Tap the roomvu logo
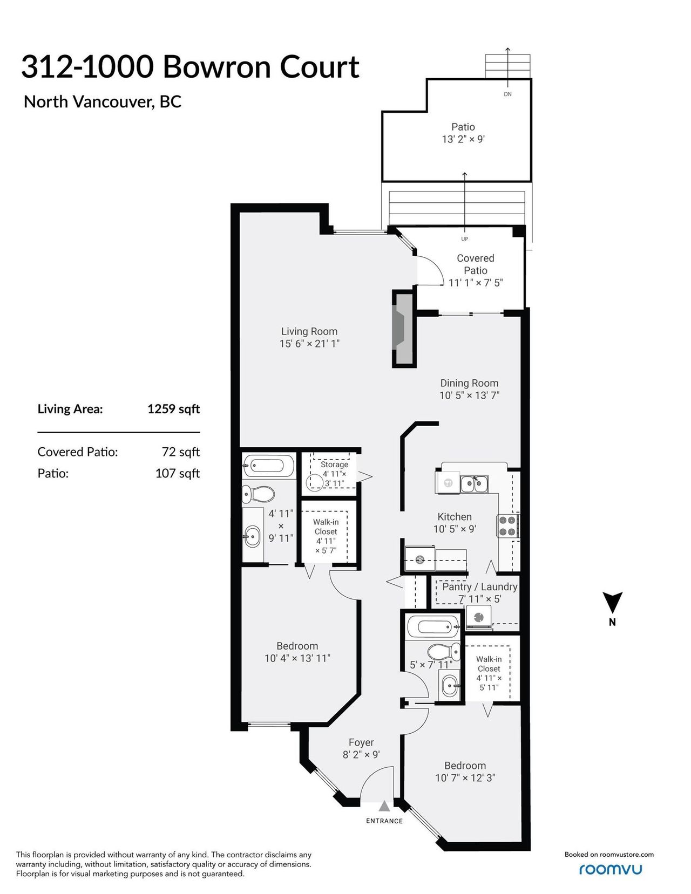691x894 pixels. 611,869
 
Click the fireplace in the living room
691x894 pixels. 403,329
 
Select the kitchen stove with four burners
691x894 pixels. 508,526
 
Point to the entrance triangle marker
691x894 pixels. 384,806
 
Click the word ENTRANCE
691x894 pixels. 384,821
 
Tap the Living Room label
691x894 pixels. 309,331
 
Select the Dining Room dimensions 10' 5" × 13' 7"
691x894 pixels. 469,395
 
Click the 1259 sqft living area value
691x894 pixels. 174,409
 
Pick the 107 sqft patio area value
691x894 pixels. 178,473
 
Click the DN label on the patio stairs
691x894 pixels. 507,94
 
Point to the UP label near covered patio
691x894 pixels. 465,239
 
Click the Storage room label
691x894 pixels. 334,464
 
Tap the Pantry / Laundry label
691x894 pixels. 480,586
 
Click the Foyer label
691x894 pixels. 361,742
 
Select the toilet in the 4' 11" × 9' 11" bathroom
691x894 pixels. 258,493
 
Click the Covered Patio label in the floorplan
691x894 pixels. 476,264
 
